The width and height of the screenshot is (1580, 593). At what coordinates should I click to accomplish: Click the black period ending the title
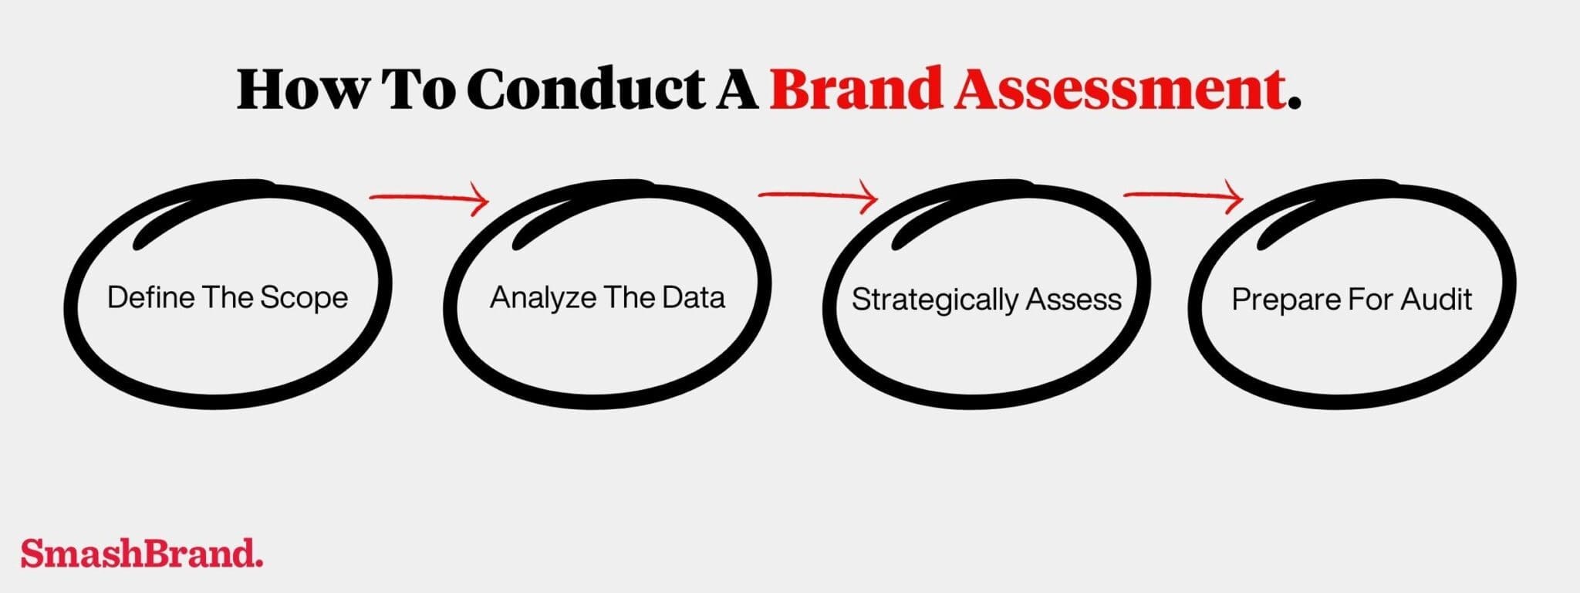pos(1295,104)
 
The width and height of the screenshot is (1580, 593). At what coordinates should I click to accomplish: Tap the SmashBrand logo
pos(141,553)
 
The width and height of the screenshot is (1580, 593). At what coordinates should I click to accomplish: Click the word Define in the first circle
pos(150,297)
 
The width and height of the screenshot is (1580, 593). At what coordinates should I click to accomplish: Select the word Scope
pos(304,298)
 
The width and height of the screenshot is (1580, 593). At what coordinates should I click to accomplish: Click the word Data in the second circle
pos(692,297)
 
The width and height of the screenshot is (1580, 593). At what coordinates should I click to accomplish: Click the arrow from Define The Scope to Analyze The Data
pos(430,199)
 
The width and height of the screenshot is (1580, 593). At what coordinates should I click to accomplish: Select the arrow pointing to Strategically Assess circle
pos(818,197)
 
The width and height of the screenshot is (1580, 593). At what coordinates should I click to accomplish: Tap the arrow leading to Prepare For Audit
pos(1183,197)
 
